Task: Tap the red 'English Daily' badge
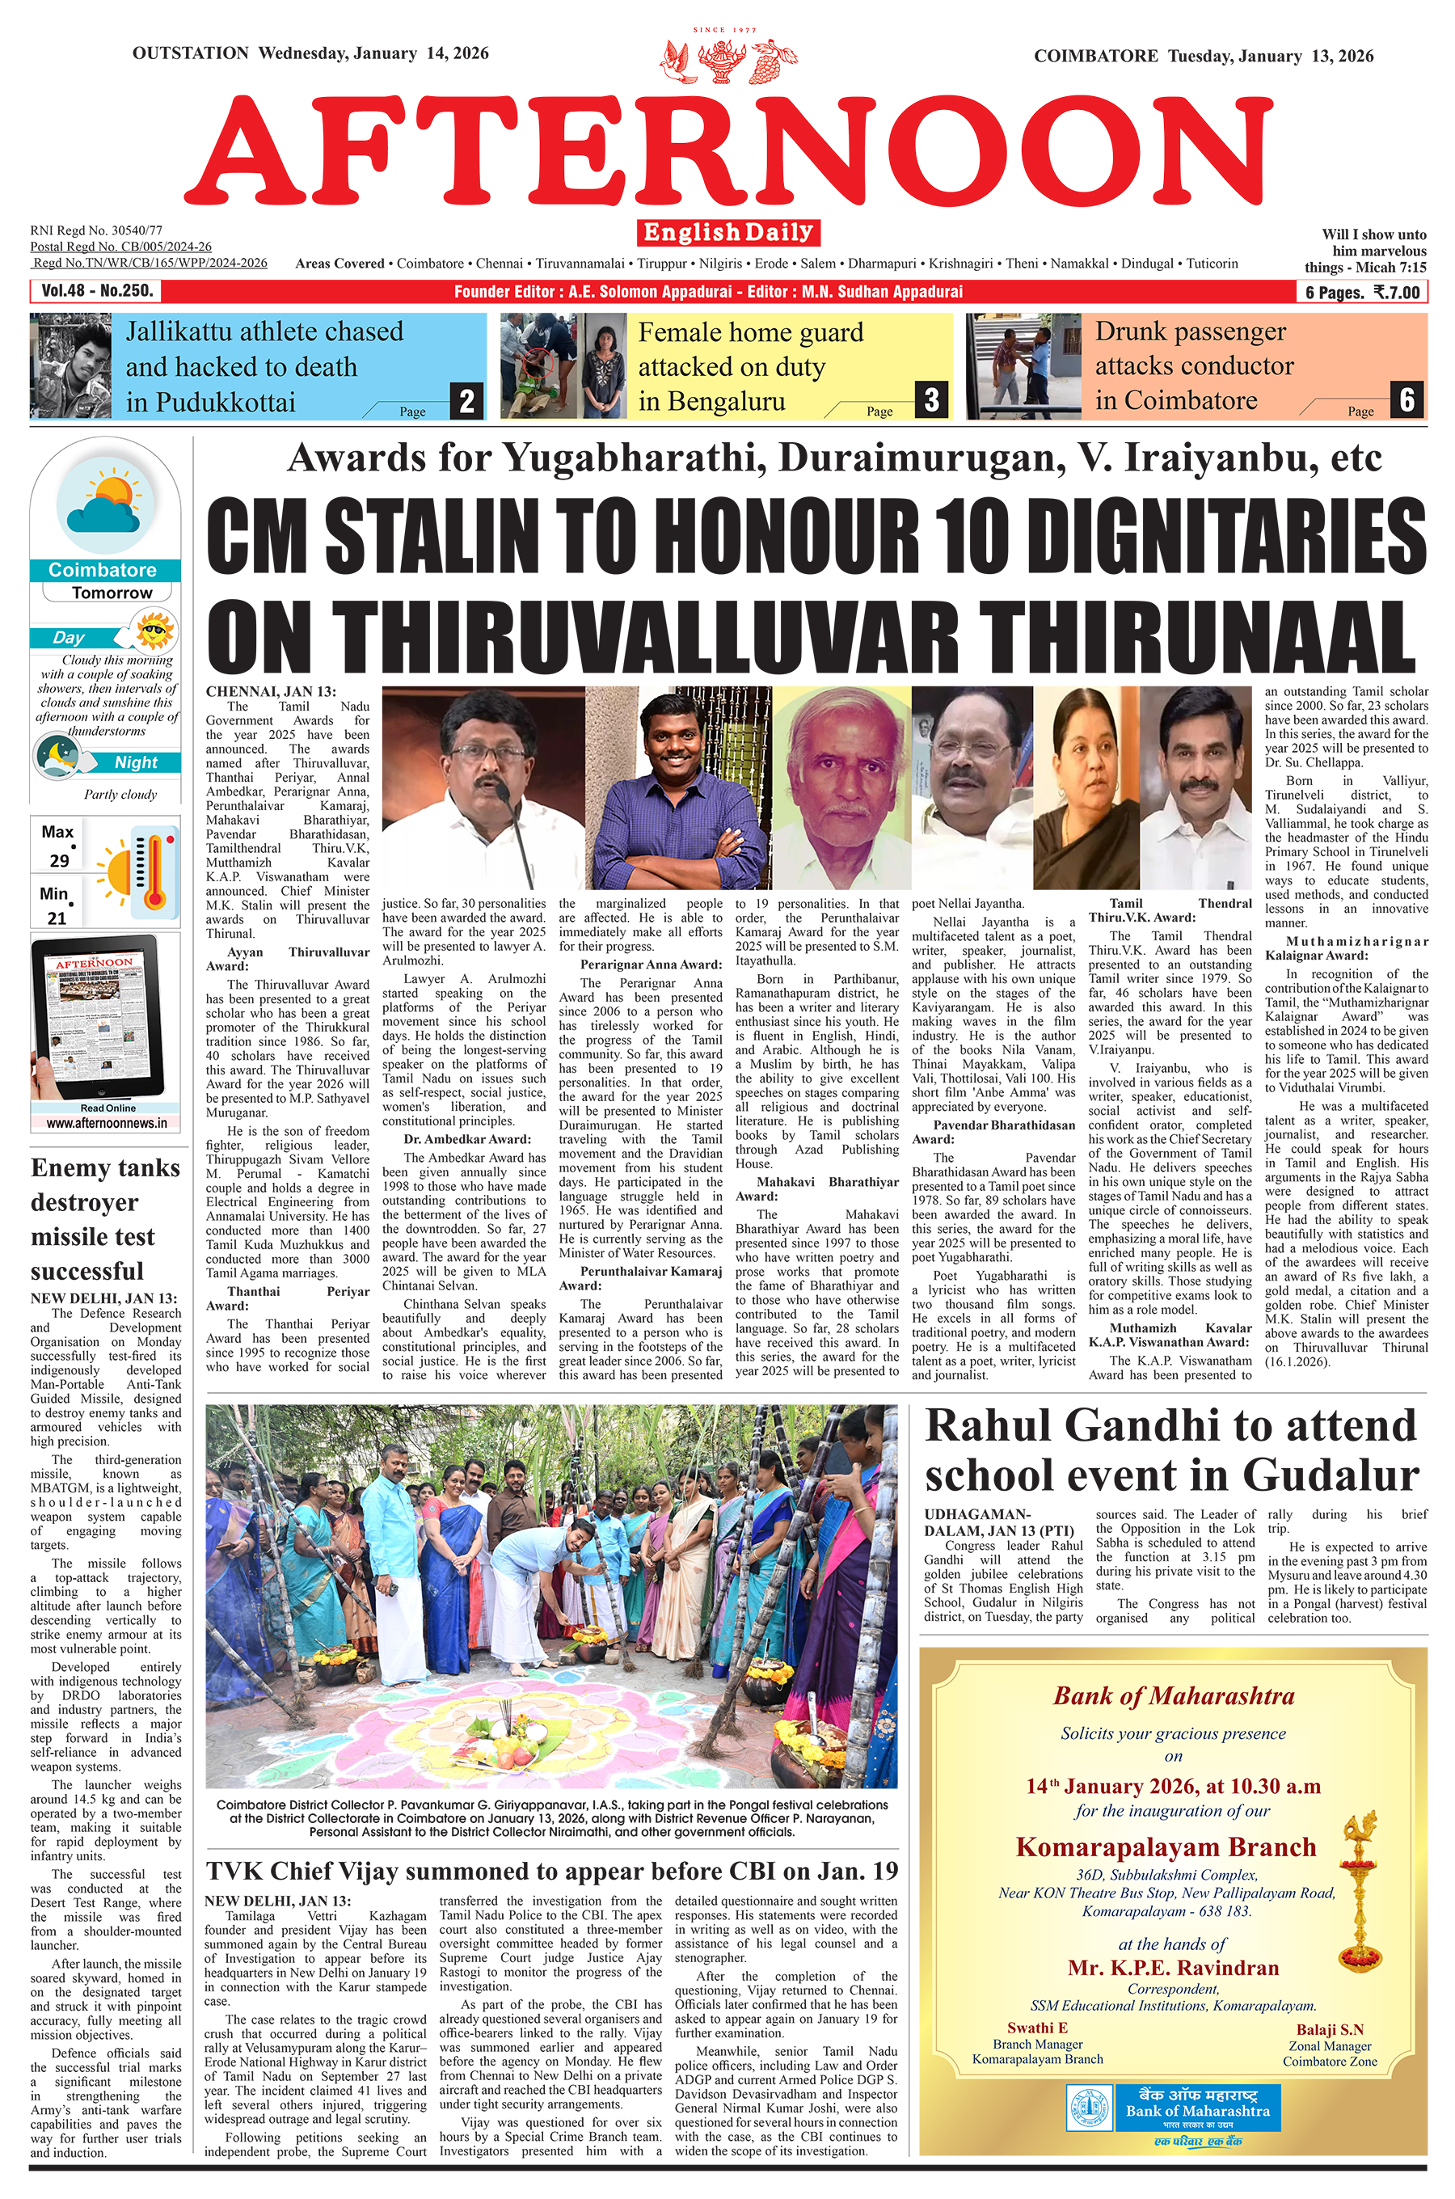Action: tap(728, 232)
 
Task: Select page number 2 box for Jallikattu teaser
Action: tap(466, 401)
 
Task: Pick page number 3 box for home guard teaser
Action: tap(930, 400)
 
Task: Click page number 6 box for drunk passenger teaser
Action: tap(1406, 400)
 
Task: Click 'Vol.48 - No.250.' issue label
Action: tap(96, 290)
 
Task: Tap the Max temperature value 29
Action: tap(58, 860)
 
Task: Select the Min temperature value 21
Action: tap(57, 918)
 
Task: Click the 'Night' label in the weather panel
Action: tap(136, 762)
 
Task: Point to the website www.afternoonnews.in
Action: tap(107, 1123)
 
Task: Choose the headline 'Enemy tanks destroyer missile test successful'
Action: tap(105, 1219)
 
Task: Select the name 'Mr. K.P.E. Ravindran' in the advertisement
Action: tap(1173, 1967)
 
